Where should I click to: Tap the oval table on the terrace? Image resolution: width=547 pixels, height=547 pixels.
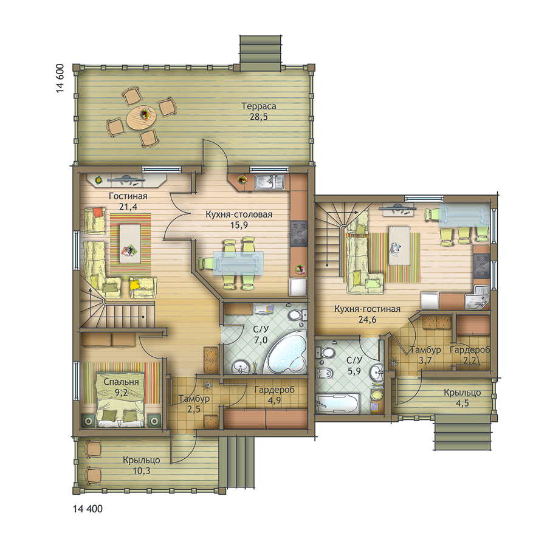[141, 117]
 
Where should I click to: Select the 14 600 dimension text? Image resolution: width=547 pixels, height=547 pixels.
[60, 78]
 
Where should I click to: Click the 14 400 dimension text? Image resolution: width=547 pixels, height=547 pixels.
[88, 509]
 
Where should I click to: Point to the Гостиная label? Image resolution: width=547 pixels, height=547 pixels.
[128, 196]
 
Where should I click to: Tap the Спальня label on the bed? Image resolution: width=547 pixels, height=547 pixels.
[121, 382]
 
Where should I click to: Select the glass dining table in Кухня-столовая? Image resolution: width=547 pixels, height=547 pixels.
[238, 264]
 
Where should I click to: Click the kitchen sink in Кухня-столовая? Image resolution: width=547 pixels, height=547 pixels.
[269, 182]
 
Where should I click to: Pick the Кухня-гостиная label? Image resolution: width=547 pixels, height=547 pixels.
[367, 309]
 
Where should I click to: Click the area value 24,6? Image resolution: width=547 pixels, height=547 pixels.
[367, 320]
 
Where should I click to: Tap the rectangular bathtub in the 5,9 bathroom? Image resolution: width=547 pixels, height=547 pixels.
[337, 404]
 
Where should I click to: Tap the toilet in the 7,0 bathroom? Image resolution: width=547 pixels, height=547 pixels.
[297, 315]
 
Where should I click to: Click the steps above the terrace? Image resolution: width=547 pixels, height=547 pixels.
[260, 53]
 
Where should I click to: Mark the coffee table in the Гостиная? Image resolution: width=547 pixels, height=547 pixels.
[130, 244]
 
